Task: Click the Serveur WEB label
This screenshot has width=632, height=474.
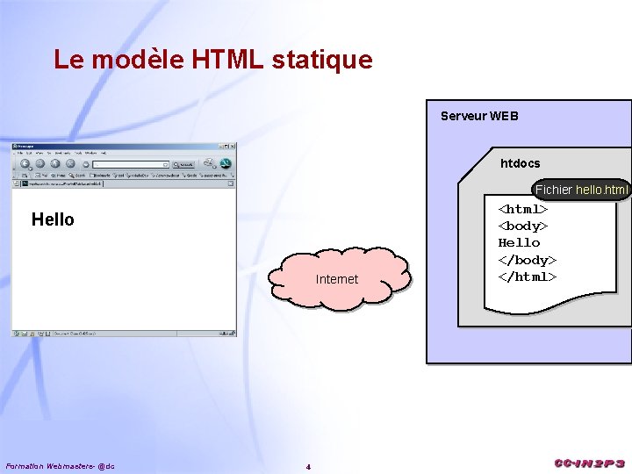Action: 479,116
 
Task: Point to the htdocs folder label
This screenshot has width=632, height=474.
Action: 520,163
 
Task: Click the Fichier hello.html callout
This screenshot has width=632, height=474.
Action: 582,190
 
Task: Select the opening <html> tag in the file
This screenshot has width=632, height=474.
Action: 523,209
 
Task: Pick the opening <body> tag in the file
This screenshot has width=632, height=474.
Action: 523,226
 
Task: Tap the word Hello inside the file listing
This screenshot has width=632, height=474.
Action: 519,242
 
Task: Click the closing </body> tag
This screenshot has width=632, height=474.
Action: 527,260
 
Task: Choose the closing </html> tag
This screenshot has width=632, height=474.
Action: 527,276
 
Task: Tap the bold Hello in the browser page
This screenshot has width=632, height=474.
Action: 53,219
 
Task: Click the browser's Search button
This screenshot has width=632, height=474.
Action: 183,163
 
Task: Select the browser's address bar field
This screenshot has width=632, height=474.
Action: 132,163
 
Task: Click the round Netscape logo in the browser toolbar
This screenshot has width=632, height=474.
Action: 225,163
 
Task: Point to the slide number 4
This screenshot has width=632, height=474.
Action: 308,466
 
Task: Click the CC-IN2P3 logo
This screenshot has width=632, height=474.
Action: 589,463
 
